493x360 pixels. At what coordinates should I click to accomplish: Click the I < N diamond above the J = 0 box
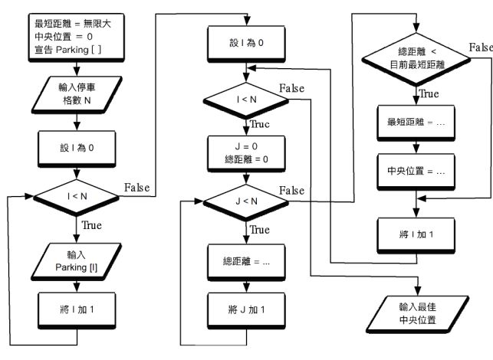tap(245, 100)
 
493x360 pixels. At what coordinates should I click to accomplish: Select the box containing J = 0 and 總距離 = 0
tap(245, 152)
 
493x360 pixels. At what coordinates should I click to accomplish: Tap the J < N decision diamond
tap(245, 202)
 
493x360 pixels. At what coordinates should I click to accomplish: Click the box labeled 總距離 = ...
tap(245, 260)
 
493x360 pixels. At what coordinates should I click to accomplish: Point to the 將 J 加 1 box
tap(245, 310)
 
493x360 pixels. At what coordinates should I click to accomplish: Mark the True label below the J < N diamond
tap(261, 230)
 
